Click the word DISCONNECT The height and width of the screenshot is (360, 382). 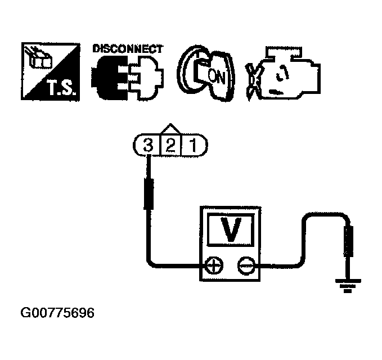point(127,48)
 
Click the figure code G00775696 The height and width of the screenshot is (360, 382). point(56,312)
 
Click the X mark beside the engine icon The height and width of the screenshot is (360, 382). point(253,79)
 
